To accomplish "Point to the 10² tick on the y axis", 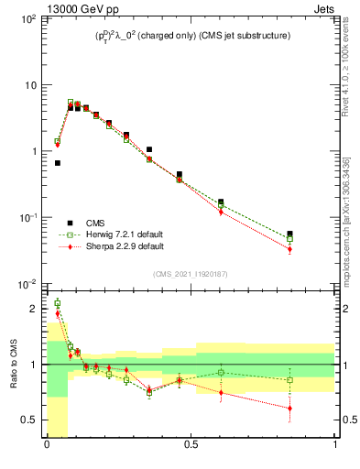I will pos(27,19).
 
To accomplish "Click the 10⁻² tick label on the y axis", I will pos(27,284).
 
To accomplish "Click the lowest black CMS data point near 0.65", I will pos(57,163).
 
